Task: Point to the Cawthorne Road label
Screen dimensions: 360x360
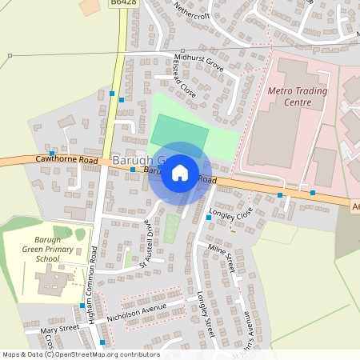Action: pos(66,161)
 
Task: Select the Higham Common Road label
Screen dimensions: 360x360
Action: pos(94,276)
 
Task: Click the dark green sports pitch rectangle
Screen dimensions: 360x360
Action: pos(179,131)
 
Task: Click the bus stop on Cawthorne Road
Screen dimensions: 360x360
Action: pos(52,153)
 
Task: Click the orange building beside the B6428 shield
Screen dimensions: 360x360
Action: pos(90,6)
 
